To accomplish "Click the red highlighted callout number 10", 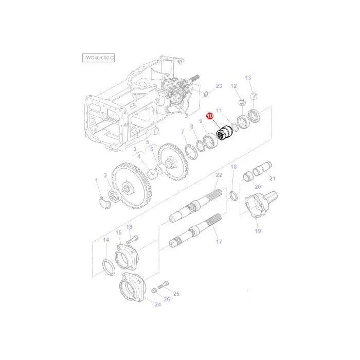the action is click(210, 116).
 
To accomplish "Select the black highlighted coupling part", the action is click(225, 133).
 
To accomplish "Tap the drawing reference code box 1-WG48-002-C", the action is click(98, 58).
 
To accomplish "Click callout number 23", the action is click(219, 86).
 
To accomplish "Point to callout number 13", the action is click(248, 78).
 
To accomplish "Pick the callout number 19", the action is click(258, 231).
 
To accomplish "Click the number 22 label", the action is click(219, 175).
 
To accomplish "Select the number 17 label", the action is click(219, 242).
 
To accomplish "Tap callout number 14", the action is click(106, 240).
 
